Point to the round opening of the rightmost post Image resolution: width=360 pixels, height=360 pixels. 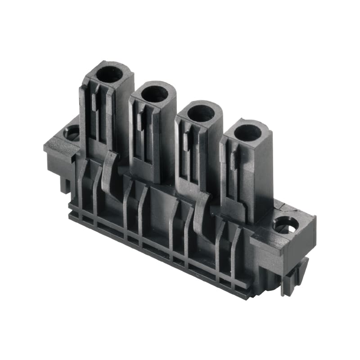click(x=248, y=132)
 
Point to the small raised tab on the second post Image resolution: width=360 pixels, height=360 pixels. click(x=140, y=121)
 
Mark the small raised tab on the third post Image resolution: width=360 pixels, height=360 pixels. click(x=186, y=141)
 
